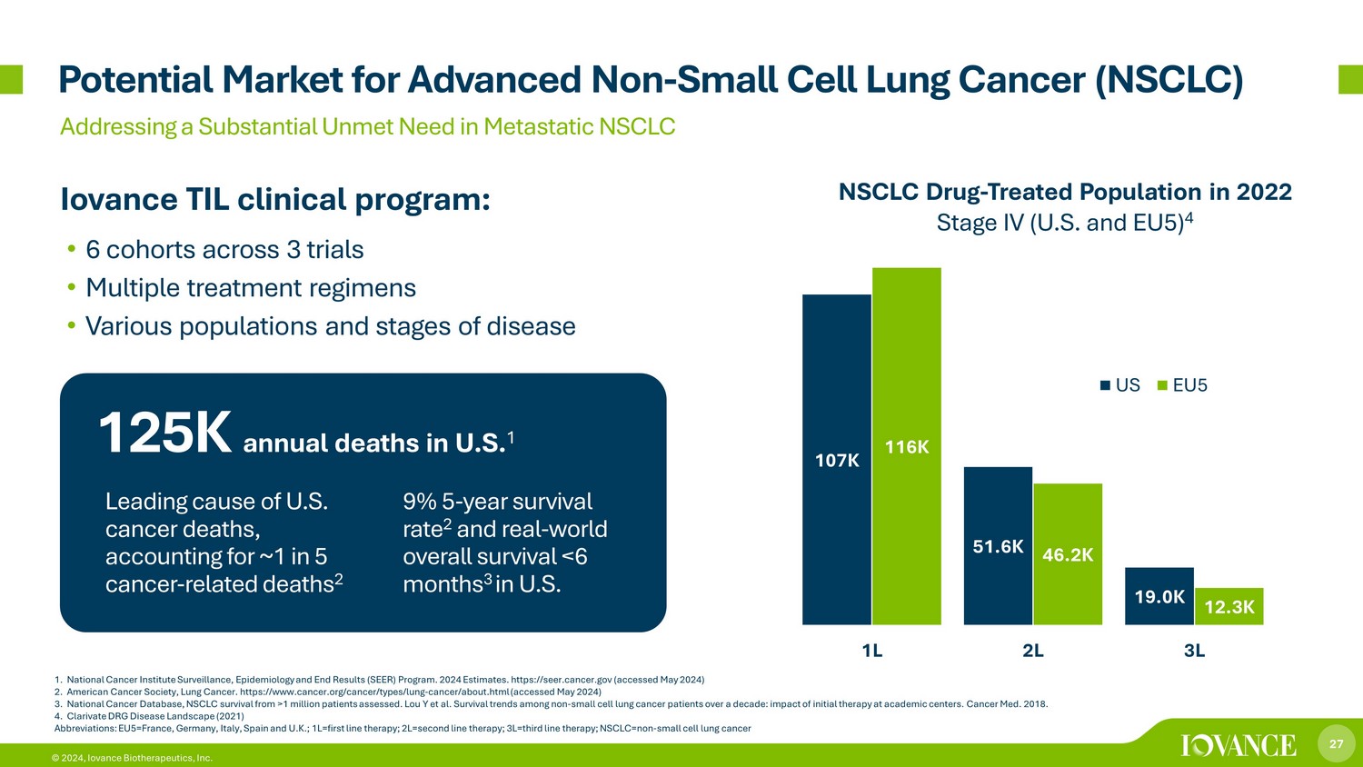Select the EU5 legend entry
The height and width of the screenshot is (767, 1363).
pyautogui.click(x=1181, y=385)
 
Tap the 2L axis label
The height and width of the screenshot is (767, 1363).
pyautogui.click(x=1033, y=651)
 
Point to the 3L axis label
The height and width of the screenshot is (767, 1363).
pyautogui.click(x=1194, y=651)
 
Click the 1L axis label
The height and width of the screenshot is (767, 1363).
pyautogui.click(x=871, y=651)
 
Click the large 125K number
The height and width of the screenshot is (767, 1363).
pyautogui.click(x=164, y=433)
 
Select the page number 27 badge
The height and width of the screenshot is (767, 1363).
pyautogui.click(x=1336, y=744)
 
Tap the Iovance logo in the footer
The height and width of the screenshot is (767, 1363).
pyautogui.click(x=1239, y=745)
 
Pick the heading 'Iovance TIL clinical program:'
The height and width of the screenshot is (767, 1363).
pyautogui.click(x=275, y=200)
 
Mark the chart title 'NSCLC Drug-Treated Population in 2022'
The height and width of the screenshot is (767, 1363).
pyautogui.click(x=1064, y=193)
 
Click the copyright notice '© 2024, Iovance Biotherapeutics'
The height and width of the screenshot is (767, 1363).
pyautogui.click(x=132, y=758)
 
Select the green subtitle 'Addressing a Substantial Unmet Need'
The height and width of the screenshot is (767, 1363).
pyautogui.click(x=367, y=126)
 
